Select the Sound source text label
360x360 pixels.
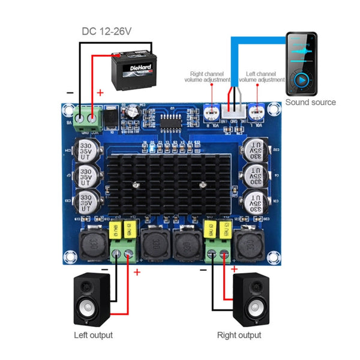(x=310, y=103)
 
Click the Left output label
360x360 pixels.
(x=93, y=335)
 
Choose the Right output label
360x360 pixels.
(x=239, y=335)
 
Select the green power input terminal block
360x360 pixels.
(x=87, y=118)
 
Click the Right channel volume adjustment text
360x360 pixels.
(x=210, y=76)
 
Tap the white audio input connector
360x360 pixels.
(x=231, y=112)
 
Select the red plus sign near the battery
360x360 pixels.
(x=100, y=92)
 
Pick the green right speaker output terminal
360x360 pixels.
(x=218, y=254)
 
